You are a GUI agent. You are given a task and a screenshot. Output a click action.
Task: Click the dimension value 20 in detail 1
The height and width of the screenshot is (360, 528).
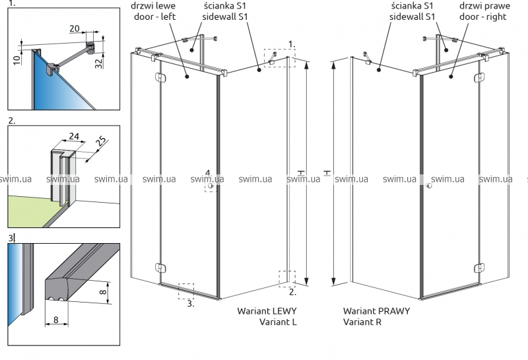[74, 28]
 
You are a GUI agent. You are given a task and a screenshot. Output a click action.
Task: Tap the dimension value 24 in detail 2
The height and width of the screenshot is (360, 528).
[73, 137]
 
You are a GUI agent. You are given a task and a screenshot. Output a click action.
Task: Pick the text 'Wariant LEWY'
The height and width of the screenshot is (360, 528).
[267, 310]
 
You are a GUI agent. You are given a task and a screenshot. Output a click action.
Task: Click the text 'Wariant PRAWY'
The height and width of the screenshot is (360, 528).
[376, 310]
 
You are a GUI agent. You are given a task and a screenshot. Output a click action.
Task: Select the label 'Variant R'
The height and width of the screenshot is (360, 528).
[362, 322]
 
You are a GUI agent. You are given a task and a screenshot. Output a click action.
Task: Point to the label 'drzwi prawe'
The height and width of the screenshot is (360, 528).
[484, 7]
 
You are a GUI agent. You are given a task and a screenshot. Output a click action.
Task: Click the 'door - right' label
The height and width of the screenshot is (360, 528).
[483, 18]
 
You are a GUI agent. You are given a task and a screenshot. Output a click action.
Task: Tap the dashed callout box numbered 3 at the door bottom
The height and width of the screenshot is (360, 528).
[185, 291]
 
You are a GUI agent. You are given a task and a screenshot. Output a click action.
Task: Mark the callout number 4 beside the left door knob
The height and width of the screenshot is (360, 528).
[207, 174]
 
